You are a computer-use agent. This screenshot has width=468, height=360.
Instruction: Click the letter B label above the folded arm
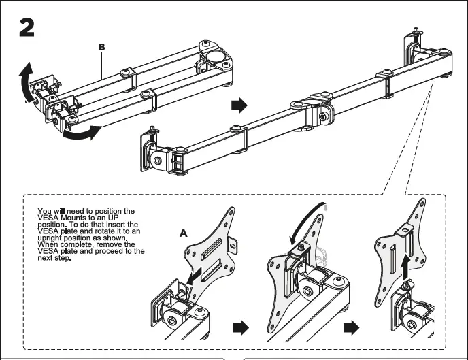[x=101, y=47]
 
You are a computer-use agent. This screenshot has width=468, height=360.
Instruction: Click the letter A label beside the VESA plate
[x=183, y=233]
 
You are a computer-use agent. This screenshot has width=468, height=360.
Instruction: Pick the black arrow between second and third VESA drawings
[x=350, y=328]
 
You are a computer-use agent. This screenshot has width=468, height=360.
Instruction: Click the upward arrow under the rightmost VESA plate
[x=406, y=264]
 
